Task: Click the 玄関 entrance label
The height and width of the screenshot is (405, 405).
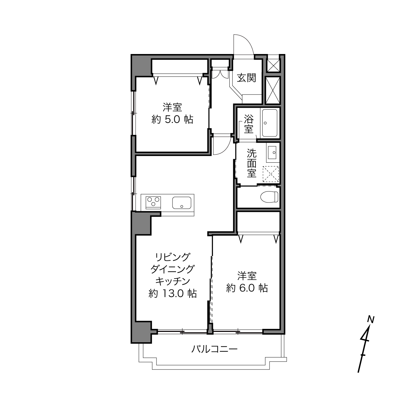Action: point(246,78)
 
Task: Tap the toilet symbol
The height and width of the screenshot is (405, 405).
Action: point(269,197)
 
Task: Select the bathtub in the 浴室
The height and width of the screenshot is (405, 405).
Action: point(270,123)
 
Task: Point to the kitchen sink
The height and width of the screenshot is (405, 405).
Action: point(182,202)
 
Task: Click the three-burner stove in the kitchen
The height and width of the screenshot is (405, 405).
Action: point(153,202)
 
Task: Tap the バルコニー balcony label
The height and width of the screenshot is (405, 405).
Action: point(214,349)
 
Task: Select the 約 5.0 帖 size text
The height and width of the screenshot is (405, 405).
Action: point(172,120)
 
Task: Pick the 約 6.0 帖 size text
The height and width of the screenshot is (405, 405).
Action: point(247,288)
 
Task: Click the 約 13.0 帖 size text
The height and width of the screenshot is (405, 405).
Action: point(172,293)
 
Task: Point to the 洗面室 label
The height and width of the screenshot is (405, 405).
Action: point(252,163)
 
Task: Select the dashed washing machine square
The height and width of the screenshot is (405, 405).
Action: point(270,174)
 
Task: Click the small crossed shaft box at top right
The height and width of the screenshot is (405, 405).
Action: point(273,65)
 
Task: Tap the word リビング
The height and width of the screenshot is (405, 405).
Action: point(172,257)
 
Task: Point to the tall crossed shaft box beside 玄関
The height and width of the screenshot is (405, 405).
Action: point(273,90)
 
